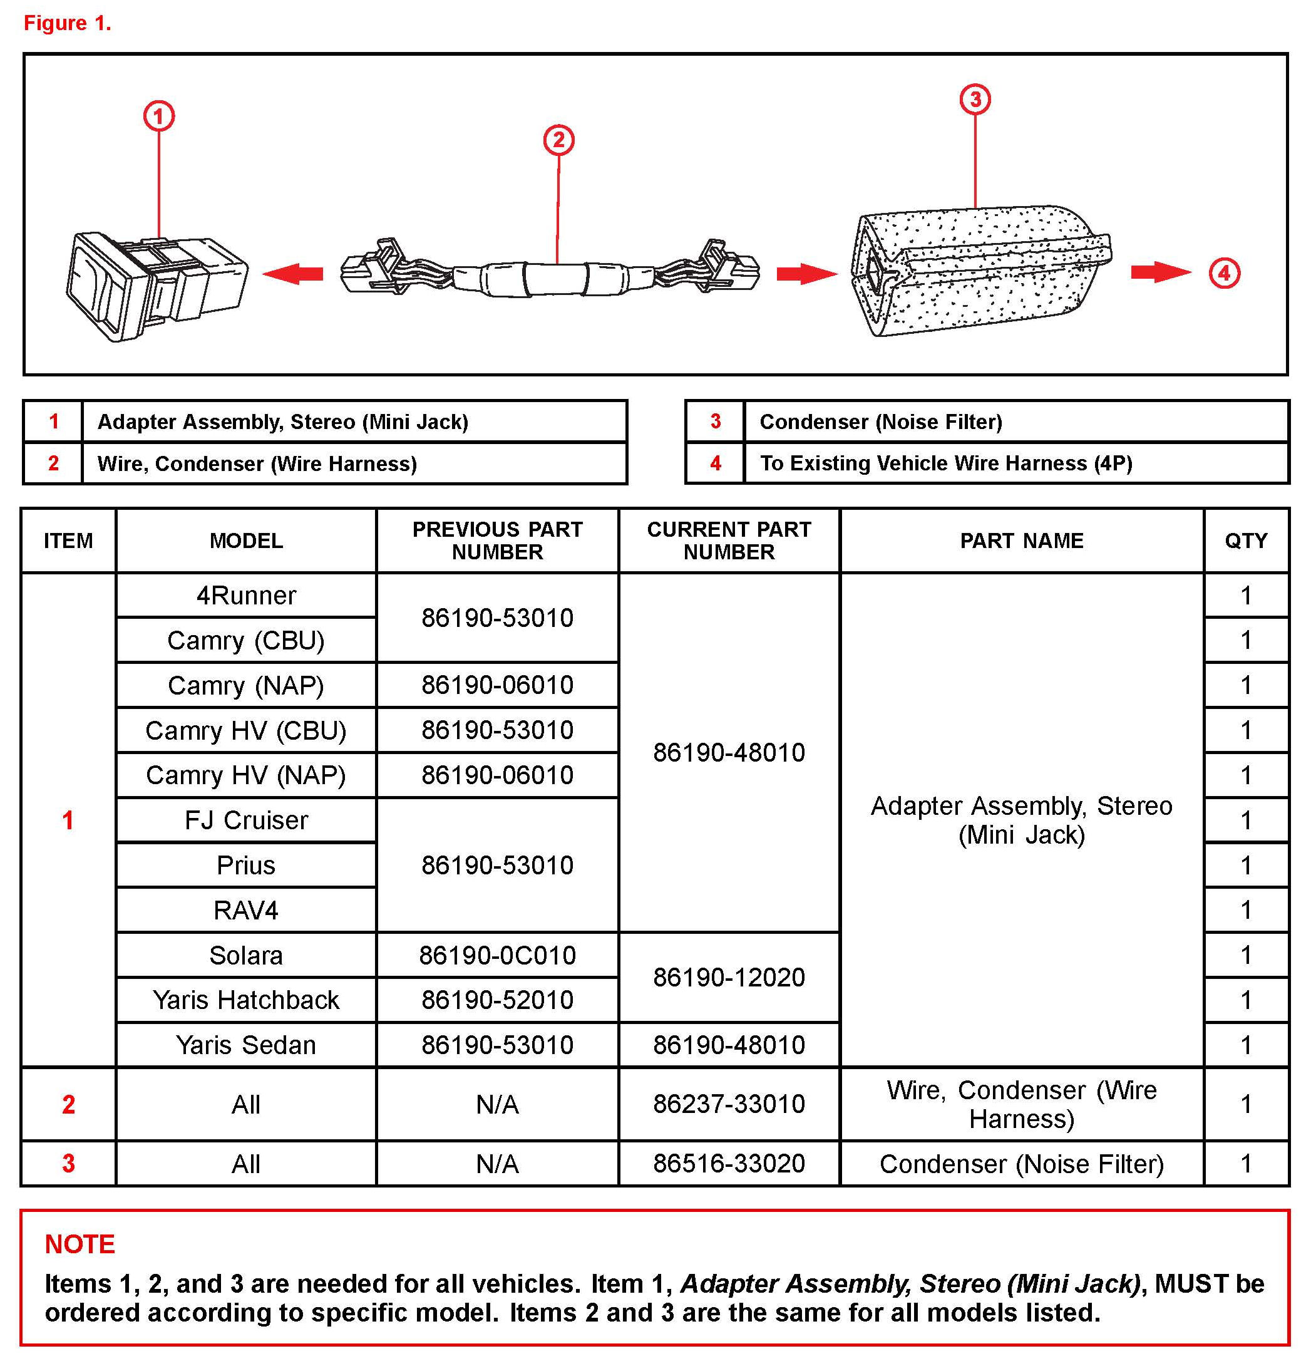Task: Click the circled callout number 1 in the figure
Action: (159, 116)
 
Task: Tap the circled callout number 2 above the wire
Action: (558, 140)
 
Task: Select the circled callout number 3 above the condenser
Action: (975, 99)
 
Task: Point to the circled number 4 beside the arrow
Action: (1224, 272)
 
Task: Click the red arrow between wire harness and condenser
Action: (806, 273)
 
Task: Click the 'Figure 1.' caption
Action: (68, 23)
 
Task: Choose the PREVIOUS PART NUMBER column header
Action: (496, 540)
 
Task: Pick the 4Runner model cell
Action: (246, 595)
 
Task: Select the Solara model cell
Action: (246, 955)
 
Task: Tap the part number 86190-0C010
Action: (496, 955)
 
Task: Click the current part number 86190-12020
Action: (729, 977)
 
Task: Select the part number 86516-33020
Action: (729, 1163)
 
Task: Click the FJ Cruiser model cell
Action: (246, 820)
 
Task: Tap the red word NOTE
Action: (80, 1244)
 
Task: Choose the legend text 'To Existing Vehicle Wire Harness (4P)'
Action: (945, 463)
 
